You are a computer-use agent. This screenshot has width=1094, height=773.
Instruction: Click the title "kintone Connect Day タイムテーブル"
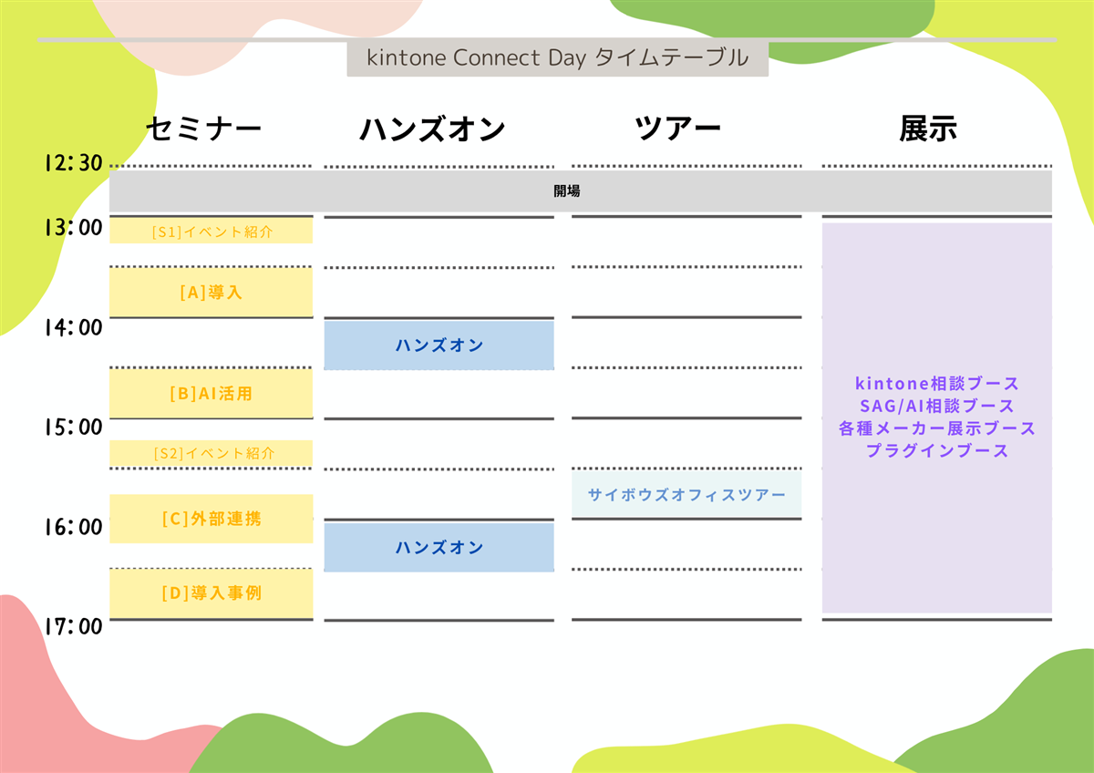pos(557,58)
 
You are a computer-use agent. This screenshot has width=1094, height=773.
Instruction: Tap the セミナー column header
pos(203,129)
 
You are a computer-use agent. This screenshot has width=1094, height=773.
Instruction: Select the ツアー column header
pos(677,129)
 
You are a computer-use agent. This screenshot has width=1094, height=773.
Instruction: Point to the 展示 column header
pos(928,129)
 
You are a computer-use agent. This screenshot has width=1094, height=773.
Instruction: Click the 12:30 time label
pos(72,163)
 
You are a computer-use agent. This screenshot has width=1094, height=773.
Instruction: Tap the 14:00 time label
pos(72,326)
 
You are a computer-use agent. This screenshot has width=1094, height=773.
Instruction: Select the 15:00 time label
pos(72,427)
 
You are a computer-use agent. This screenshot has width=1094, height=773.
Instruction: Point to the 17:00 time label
pos(72,626)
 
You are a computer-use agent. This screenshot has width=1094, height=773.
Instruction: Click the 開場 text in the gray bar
pos(567,191)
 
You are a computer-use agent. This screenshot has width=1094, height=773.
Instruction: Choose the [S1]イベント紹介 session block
pos(212,232)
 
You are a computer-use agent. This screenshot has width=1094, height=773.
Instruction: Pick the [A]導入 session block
pos(212,293)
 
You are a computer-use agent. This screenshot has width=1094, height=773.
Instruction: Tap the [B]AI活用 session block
pos(212,394)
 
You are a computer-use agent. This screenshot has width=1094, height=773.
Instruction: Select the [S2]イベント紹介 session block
pos(212,452)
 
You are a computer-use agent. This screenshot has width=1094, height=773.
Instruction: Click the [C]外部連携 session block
pos(212,519)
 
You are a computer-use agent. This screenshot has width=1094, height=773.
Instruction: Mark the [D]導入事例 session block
pos(212,593)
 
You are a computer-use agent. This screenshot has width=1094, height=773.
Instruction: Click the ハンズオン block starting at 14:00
pos(439,345)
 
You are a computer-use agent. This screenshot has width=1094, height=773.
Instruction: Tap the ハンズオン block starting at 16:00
pos(439,547)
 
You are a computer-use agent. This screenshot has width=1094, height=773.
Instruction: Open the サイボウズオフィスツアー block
pos(686,494)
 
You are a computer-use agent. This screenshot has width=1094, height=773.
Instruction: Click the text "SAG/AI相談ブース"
pos(936,406)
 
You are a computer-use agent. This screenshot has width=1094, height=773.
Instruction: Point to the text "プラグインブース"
pos(936,450)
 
